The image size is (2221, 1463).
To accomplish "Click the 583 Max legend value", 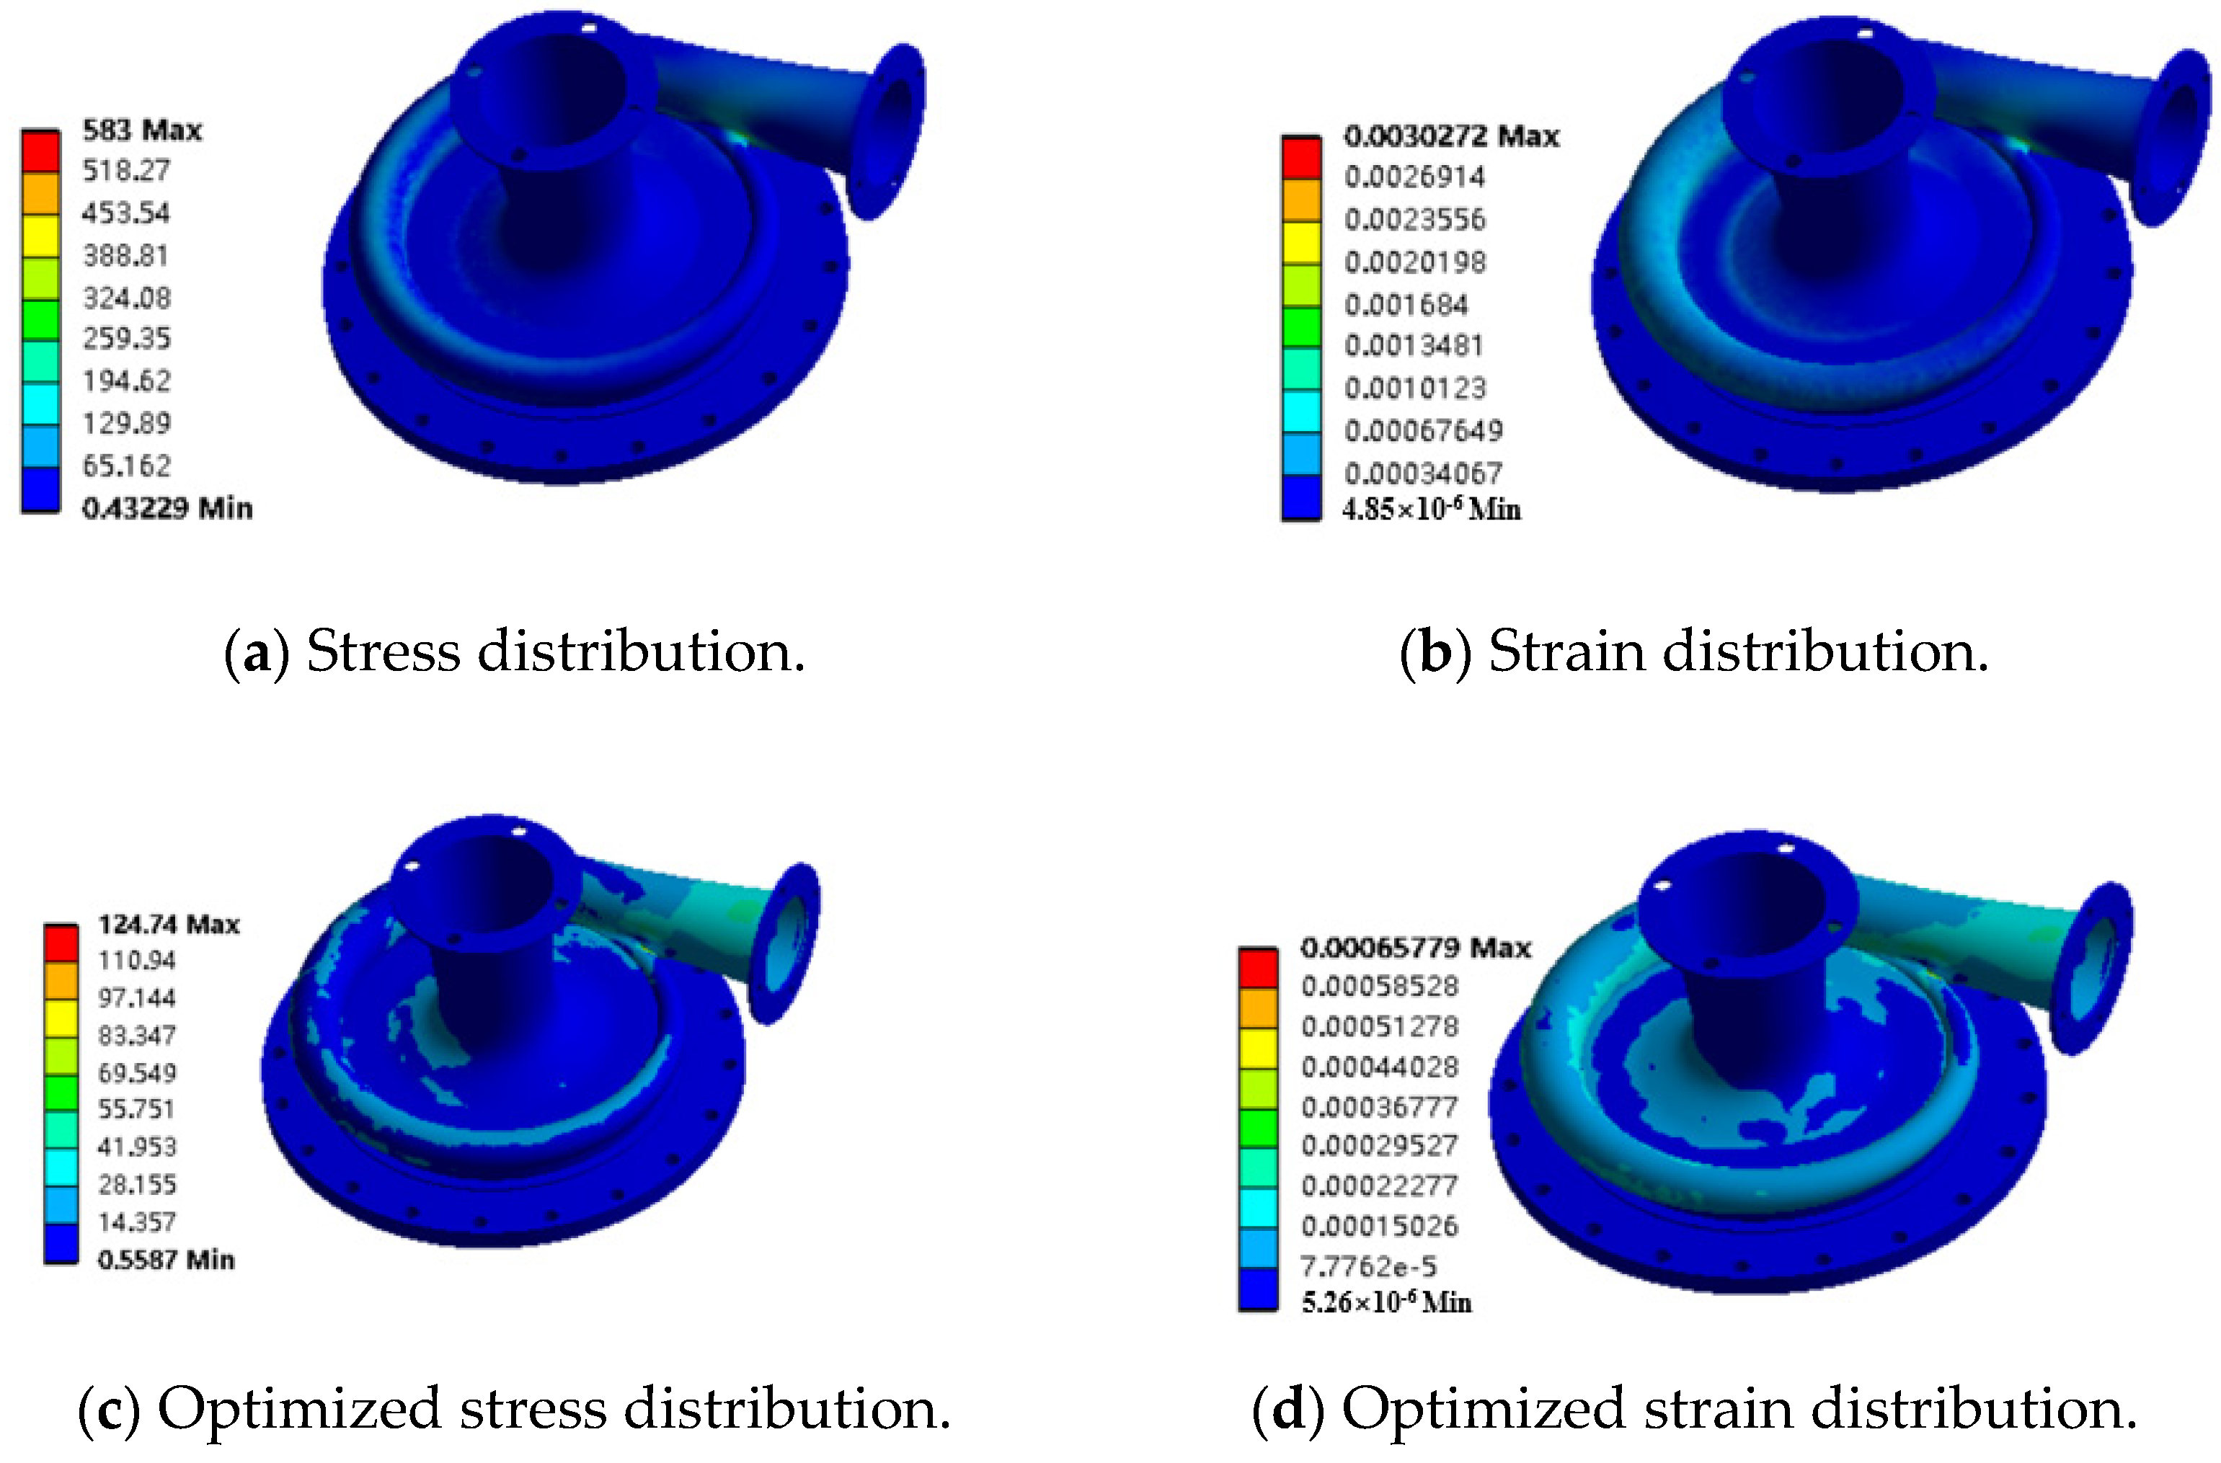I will (142, 130).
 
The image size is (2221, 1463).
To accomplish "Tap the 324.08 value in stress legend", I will (127, 298).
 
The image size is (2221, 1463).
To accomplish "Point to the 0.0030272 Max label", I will (1451, 136).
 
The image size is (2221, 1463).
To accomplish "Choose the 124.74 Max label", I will (169, 925).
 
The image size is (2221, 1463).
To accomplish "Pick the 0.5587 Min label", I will (166, 1260).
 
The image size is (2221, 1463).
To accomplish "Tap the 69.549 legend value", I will (137, 1073).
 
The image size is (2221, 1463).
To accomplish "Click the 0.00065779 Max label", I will (1416, 948).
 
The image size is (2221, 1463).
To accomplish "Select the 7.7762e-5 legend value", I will (1368, 1266).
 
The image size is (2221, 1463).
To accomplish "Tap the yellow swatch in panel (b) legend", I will (1301, 243).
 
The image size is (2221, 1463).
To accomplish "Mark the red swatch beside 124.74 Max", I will (61, 943).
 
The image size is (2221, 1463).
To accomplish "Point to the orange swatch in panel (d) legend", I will (1258, 1008).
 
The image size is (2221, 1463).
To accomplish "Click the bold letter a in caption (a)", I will (257, 652).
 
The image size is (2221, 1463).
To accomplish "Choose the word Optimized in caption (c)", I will (298, 1408).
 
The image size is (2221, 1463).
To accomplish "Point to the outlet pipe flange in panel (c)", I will (786, 943).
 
